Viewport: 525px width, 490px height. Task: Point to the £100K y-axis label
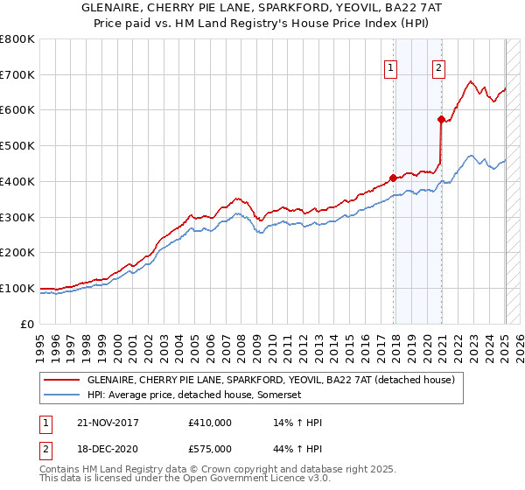click(17, 288)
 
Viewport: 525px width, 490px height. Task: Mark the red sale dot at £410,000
click(393, 178)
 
